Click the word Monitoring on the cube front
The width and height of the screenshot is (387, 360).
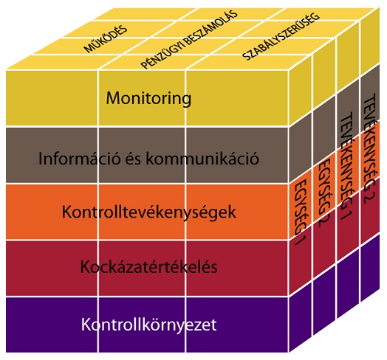148,99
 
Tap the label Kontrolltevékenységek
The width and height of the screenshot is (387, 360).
149,212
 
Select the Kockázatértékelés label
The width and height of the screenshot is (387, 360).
149,267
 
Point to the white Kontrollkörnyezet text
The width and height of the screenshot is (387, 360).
149,325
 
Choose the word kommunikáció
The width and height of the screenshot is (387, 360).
202,159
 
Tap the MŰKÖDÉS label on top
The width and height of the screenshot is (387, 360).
106,38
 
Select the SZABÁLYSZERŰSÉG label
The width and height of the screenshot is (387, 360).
281,37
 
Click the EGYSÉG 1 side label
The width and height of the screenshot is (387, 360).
301,212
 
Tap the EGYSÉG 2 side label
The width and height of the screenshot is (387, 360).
323,193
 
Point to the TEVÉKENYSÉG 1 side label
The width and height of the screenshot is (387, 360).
346,166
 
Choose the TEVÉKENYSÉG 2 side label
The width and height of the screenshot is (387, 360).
369,148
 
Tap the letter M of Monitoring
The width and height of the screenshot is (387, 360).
113,98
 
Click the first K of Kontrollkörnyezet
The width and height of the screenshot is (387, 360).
85,325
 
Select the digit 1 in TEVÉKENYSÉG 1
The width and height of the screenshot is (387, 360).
347,215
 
